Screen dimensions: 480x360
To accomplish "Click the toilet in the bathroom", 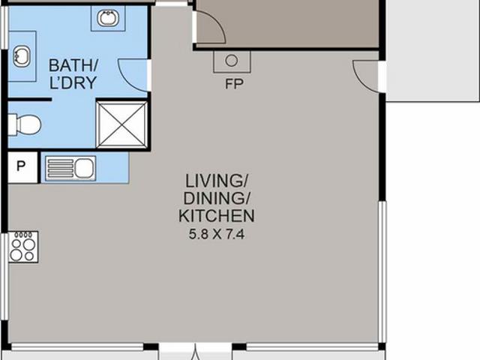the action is (x=24, y=124).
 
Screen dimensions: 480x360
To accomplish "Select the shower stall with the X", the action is (x=121, y=124).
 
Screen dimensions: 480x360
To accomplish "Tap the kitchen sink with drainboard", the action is (x=70, y=168).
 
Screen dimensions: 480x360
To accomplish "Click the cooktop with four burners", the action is (x=23, y=247).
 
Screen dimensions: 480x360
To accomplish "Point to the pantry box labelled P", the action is (x=22, y=167).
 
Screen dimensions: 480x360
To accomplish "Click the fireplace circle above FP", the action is (x=232, y=61).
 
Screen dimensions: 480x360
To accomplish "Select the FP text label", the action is (x=234, y=84).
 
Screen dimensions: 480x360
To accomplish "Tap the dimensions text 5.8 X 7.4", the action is (x=217, y=235).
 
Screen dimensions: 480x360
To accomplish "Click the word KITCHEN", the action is (x=217, y=216).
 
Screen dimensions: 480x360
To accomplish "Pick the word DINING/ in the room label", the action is (x=217, y=198).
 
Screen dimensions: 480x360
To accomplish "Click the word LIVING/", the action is (x=217, y=181).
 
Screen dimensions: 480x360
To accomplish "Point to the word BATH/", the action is (x=73, y=65).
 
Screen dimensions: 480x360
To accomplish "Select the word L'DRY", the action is (x=73, y=82).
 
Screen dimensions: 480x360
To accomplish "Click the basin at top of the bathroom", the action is (x=108, y=18).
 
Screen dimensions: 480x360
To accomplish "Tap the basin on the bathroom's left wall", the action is (x=22, y=57).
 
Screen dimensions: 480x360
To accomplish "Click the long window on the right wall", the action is (x=382, y=271).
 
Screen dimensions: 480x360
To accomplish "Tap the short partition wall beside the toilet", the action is (x=29, y=100).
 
